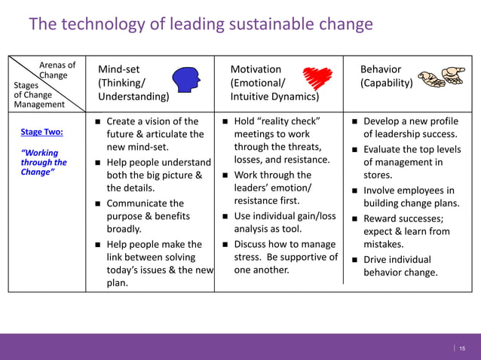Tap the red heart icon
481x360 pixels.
click(x=317, y=78)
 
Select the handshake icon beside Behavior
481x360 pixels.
click(x=443, y=77)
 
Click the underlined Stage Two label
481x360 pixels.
click(x=41, y=132)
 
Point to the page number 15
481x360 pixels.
click(x=462, y=347)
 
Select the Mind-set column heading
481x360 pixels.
click(x=118, y=69)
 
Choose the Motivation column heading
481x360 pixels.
click(x=256, y=69)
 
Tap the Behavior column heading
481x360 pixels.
click(x=381, y=69)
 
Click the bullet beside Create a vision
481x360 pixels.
click(x=97, y=121)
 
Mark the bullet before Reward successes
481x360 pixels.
click(x=354, y=218)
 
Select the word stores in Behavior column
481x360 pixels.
click(x=377, y=175)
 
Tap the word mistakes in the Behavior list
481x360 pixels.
click(x=383, y=245)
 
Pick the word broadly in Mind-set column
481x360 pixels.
click(x=124, y=230)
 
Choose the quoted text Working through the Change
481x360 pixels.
click(x=43, y=162)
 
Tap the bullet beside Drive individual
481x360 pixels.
click(x=354, y=260)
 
